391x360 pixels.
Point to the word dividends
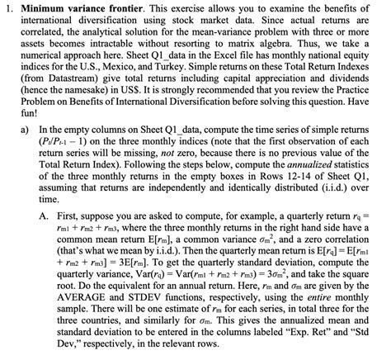333,85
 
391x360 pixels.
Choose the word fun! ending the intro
29,128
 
